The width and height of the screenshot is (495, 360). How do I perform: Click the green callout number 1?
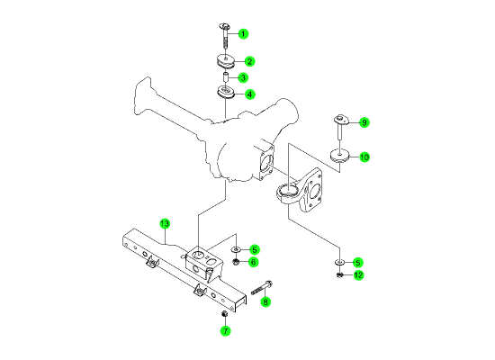tap(243, 34)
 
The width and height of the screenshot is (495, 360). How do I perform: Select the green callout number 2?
tap(249, 61)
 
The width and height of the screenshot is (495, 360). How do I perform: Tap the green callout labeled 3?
tap(243, 77)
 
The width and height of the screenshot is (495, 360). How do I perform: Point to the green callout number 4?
tap(249, 94)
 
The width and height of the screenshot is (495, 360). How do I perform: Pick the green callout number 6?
tap(253, 262)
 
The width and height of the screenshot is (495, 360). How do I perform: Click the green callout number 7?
tap(225, 330)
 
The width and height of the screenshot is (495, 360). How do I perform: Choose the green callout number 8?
tap(265, 301)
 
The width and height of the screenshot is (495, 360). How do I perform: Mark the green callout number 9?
tap(364, 122)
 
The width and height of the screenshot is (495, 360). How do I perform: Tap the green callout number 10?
tap(364, 157)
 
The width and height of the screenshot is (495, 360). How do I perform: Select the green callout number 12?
tap(358, 275)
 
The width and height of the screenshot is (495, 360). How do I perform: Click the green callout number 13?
tap(165, 224)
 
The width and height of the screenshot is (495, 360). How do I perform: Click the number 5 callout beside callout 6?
tap(254, 250)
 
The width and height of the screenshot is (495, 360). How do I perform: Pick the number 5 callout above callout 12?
tap(357, 263)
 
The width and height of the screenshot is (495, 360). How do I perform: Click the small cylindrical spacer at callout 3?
tap(226, 77)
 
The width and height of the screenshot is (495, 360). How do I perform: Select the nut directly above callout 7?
tap(224, 314)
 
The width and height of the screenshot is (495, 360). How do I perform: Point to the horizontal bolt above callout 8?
tap(262, 287)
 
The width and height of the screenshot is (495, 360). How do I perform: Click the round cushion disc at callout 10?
tap(339, 156)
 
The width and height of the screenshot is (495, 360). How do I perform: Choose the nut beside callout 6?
tap(235, 262)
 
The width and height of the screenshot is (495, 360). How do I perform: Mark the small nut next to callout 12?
tap(339, 275)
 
